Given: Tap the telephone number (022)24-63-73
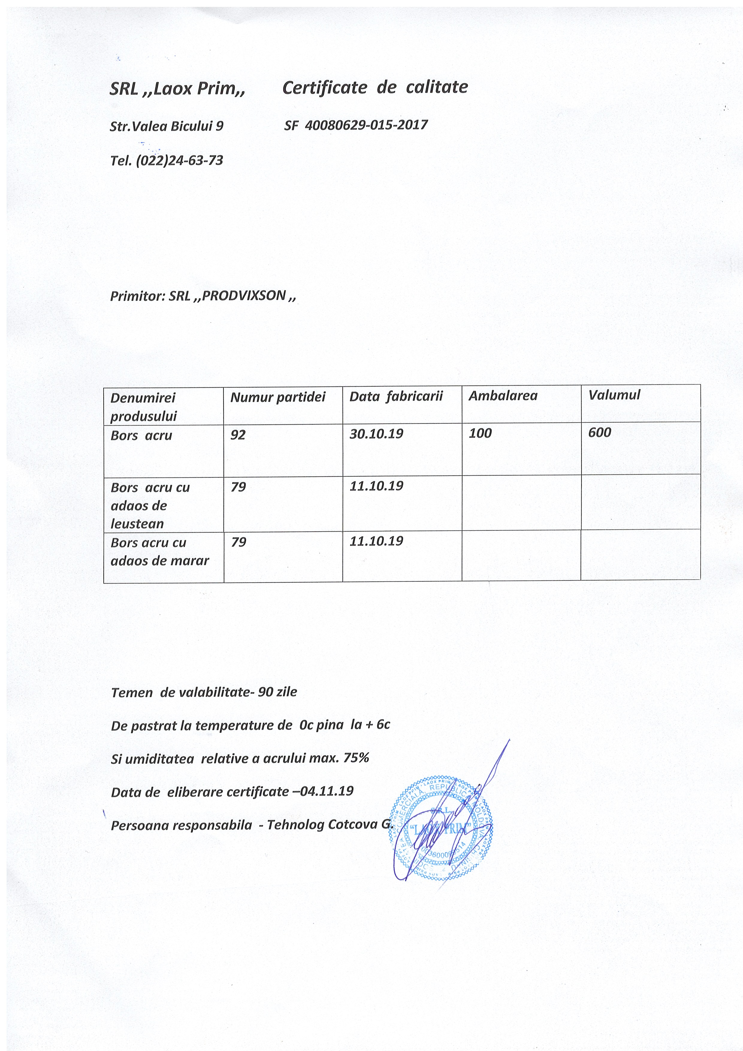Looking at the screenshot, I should coord(179,161).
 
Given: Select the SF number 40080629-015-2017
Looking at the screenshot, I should coord(366,125).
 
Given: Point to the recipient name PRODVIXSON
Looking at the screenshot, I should coord(244,296).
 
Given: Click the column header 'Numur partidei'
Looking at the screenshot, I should coord(277,397).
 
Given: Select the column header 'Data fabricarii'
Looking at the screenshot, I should coord(396,396).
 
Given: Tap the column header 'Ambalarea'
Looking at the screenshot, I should coord(503,395).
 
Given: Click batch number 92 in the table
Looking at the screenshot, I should coord(238,435).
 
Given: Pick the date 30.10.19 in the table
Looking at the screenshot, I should coord(376,434).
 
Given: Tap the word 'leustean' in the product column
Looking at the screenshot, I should coord(137,524).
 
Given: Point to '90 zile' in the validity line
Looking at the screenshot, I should coord(277,692).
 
